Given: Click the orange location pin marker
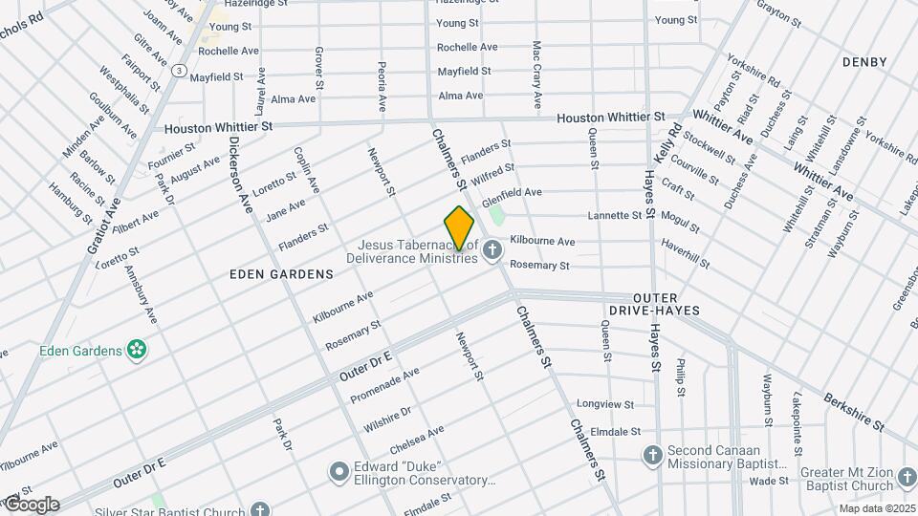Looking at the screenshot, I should (x=459, y=227).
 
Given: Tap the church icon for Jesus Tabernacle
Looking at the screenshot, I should (x=492, y=251).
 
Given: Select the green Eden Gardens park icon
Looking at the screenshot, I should (x=138, y=350).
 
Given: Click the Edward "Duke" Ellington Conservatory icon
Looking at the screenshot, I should (x=339, y=471).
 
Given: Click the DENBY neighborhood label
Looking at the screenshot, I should (x=864, y=62).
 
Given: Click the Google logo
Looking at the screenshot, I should (x=31, y=505).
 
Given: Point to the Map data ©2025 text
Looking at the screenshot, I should (x=876, y=508).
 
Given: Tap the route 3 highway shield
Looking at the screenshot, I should (x=179, y=70).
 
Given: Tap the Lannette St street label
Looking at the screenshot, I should (x=622, y=216).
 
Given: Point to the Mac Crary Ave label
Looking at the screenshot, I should (x=537, y=74).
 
